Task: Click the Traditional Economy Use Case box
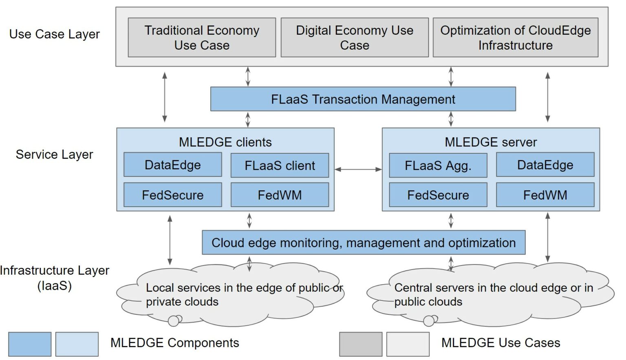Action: point(202,38)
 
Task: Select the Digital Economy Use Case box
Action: point(355,38)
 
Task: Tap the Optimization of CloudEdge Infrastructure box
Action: point(515,38)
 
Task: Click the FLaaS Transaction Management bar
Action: point(363,99)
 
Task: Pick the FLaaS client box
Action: point(280,166)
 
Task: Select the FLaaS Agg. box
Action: point(438,166)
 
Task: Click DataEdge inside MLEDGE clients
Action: point(172,165)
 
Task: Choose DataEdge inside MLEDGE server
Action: point(545,165)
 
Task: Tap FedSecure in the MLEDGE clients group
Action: point(172,195)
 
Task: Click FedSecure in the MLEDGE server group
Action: point(438,195)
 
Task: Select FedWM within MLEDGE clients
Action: point(280,195)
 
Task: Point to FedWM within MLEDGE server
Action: point(545,195)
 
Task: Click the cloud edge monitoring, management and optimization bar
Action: point(364,243)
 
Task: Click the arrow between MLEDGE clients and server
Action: point(358,169)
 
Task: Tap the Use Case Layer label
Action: point(54,34)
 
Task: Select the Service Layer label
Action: point(54,155)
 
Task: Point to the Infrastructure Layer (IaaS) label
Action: point(54,278)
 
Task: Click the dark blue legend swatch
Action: point(30,344)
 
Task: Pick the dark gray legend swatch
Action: point(361,344)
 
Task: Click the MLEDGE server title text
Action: point(491,142)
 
